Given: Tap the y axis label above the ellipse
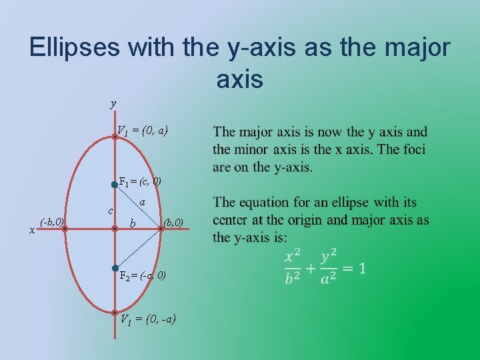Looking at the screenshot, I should [x=113, y=103].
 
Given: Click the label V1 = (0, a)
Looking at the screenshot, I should [x=143, y=131].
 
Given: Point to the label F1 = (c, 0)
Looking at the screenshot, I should [x=139, y=181].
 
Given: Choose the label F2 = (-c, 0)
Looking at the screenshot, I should [x=143, y=275].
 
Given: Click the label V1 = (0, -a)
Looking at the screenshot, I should [x=147, y=319].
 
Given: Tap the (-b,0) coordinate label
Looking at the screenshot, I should [x=51, y=221].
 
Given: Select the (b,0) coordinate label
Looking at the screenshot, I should [x=172, y=221].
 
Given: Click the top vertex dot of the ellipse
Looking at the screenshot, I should [x=115, y=136].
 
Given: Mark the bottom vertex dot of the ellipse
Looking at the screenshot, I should [x=115, y=312].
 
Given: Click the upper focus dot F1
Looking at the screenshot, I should [x=115, y=185].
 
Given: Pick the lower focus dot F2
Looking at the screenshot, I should [x=115, y=268].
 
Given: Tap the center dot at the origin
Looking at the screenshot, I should [x=115, y=228].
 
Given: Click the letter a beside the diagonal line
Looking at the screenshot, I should [x=143, y=201].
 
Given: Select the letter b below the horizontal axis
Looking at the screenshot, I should [x=133, y=224].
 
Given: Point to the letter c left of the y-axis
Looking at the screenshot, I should [x=109, y=211].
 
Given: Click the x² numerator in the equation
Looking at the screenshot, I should [x=293, y=257].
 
